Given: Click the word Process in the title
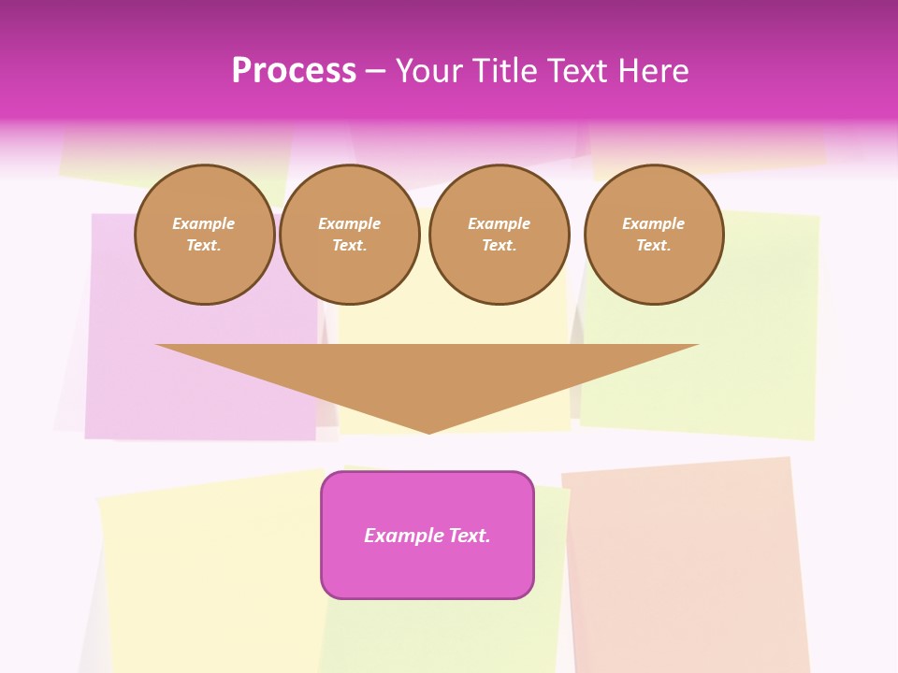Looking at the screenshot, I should pos(294,71).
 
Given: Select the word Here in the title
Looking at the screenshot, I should pos(653,71).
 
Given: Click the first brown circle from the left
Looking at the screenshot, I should pos(205,235).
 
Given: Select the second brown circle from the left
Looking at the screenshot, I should pos(350,235).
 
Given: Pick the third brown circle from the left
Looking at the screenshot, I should pos(500,235).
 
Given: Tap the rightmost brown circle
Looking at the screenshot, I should pos(654,235).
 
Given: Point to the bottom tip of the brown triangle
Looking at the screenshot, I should pos(428,432).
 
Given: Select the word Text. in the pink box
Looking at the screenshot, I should pos(469,536).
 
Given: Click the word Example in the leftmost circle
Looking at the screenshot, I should pos(204,223).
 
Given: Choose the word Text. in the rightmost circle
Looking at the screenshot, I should pos(654,246).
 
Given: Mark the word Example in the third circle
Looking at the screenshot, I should pos(500,223).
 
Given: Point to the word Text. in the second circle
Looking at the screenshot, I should pos(350,246).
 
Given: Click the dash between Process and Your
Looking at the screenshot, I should pos(375,71).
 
